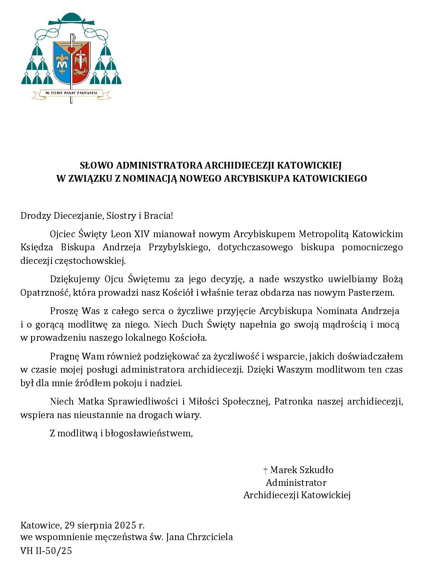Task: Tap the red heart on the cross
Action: point(71,50)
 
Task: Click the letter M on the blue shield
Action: point(62,65)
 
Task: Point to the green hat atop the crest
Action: point(71,18)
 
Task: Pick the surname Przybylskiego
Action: point(179,248)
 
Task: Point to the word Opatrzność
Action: point(45,293)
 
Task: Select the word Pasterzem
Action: point(371,293)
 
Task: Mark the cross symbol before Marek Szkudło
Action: point(265,470)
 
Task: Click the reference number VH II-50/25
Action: point(46,551)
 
